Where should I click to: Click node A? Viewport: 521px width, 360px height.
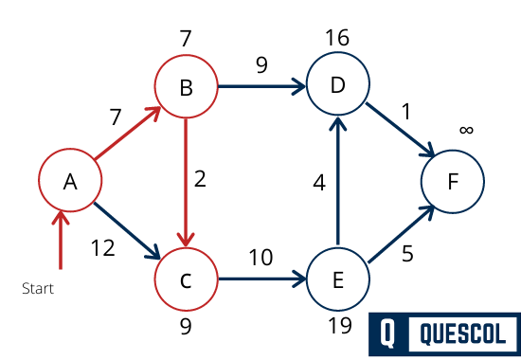(x=69, y=182)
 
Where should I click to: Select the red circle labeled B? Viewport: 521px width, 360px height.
(x=186, y=89)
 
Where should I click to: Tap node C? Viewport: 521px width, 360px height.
(x=186, y=280)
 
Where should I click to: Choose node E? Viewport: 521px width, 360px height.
(x=337, y=280)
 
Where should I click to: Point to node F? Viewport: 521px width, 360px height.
(x=452, y=182)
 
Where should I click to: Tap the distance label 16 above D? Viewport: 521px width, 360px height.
(x=336, y=38)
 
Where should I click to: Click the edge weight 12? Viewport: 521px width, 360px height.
(x=102, y=249)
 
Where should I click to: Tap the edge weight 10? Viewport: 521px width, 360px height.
(x=261, y=258)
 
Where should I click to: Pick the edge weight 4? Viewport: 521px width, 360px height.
(x=319, y=182)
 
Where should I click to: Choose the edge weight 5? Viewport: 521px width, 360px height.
(x=408, y=253)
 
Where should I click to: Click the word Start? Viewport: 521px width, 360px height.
(x=38, y=288)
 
